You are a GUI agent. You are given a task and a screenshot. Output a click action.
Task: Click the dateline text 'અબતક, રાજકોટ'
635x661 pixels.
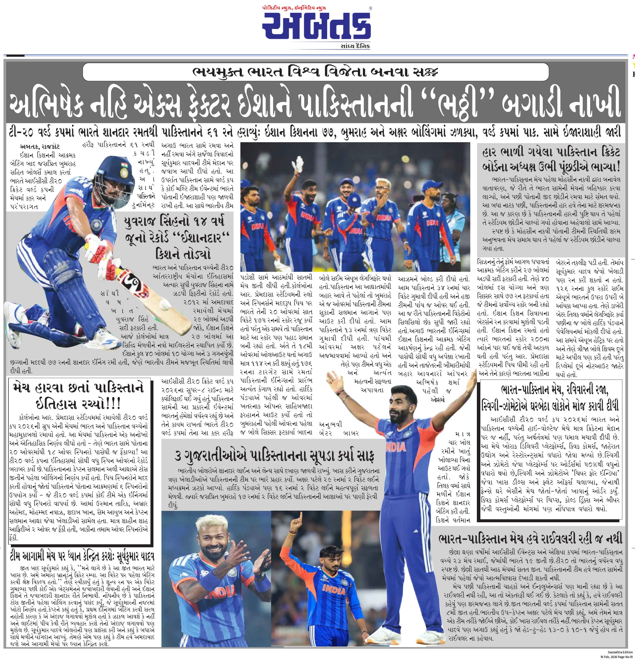click(x=40, y=146)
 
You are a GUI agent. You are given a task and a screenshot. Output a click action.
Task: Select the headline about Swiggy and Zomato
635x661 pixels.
click(x=551, y=398)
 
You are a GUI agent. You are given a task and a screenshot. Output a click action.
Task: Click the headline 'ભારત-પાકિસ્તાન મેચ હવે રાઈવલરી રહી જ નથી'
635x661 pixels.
click(x=530, y=539)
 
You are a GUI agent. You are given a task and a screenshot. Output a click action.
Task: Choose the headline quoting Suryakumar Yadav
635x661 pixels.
click(x=82, y=556)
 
